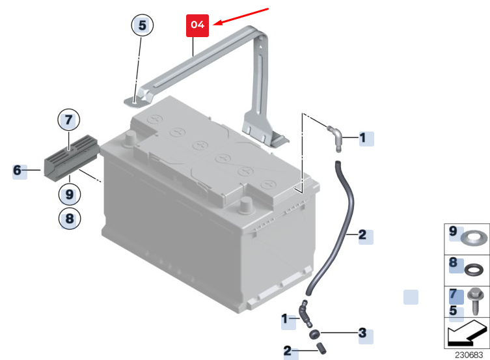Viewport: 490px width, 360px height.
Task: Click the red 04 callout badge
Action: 198,25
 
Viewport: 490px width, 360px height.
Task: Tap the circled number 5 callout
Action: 143,25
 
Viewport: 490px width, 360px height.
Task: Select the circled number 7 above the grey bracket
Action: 69,120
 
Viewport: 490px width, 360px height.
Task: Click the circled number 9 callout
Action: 70,195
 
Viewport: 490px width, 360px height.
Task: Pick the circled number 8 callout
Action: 70,219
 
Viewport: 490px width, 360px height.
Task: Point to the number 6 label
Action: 17,171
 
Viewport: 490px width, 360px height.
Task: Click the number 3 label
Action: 362,333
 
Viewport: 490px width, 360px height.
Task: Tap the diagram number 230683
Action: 469,355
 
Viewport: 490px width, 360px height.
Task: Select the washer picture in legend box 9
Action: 474,238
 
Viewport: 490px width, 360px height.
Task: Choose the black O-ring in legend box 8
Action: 474,270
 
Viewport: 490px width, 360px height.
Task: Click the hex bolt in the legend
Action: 475,301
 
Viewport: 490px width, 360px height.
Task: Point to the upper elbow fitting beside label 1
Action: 335,138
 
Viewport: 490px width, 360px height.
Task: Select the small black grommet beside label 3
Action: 314,334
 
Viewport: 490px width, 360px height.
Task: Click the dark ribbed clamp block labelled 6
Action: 71,158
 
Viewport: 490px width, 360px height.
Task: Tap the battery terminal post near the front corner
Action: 245,206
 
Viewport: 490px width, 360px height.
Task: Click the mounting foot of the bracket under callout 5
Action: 135,102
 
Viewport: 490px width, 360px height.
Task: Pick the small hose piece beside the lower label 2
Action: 321,348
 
